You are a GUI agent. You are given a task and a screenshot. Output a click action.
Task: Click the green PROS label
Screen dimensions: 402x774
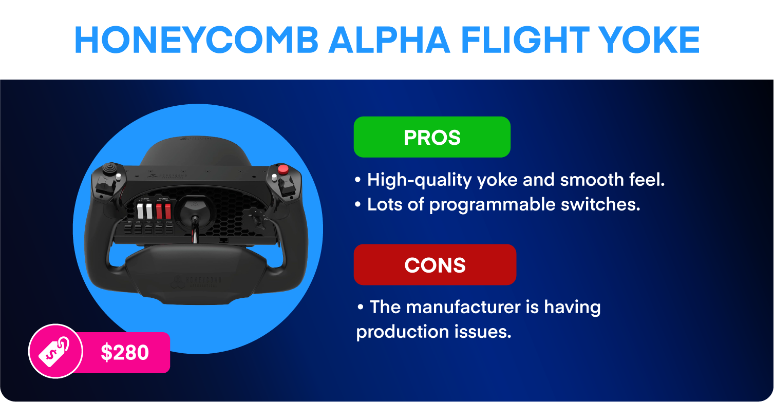tap(432, 137)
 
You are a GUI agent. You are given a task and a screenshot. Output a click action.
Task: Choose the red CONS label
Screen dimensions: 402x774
tap(435, 265)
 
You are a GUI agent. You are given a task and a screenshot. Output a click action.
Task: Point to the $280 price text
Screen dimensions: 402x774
tap(125, 353)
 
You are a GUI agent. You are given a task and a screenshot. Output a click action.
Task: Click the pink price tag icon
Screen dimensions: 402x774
tap(55, 351)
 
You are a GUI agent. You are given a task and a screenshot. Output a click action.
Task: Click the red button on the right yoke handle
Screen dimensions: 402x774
tap(282, 169)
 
